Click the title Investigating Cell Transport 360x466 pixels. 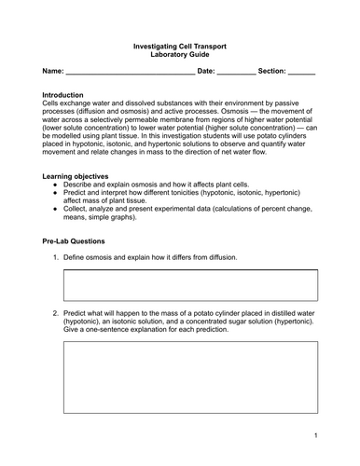(181, 44)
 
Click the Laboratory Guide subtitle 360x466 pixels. (181, 54)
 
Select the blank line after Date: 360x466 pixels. (237, 72)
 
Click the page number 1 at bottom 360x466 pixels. (316, 435)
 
